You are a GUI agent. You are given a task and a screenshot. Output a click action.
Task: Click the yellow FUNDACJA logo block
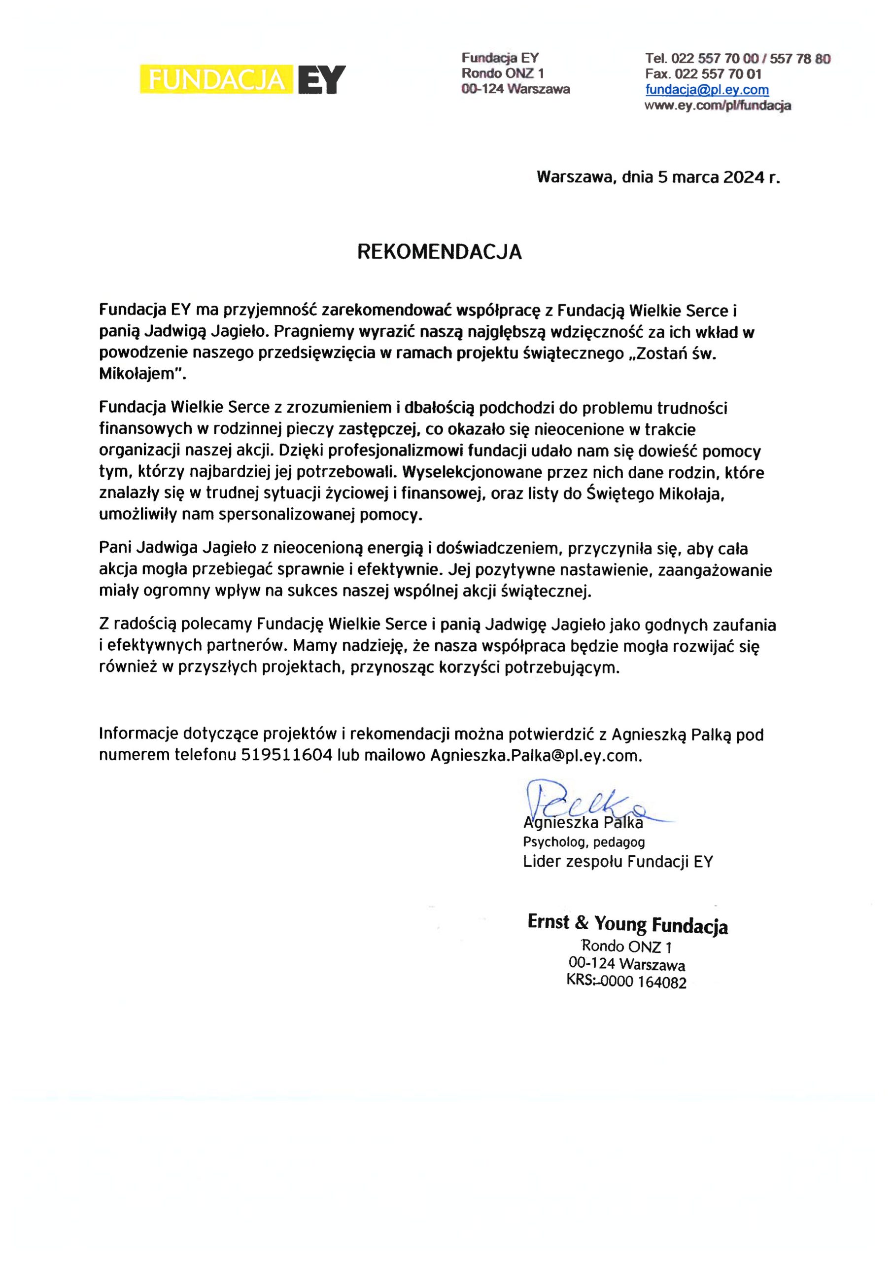click(x=217, y=80)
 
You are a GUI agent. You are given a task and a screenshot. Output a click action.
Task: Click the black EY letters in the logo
click(x=322, y=80)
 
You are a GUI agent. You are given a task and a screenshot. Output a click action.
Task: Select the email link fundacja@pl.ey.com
click(x=707, y=90)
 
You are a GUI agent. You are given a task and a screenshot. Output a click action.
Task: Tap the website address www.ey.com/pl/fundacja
click(x=718, y=105)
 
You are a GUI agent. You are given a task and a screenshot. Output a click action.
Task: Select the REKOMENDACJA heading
click(x=439, y=252)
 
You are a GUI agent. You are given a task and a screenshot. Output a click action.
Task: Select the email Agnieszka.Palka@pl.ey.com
click(x=536, y=756)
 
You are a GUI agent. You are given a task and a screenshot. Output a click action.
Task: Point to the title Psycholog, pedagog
click(x=584, y=841)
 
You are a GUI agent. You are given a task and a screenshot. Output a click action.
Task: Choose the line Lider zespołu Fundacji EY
click(x=618, y=862)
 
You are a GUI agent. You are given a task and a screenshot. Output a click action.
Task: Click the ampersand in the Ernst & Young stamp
click(x=581, y=922)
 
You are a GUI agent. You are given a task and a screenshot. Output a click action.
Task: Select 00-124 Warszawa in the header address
click(x=515, y=89)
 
